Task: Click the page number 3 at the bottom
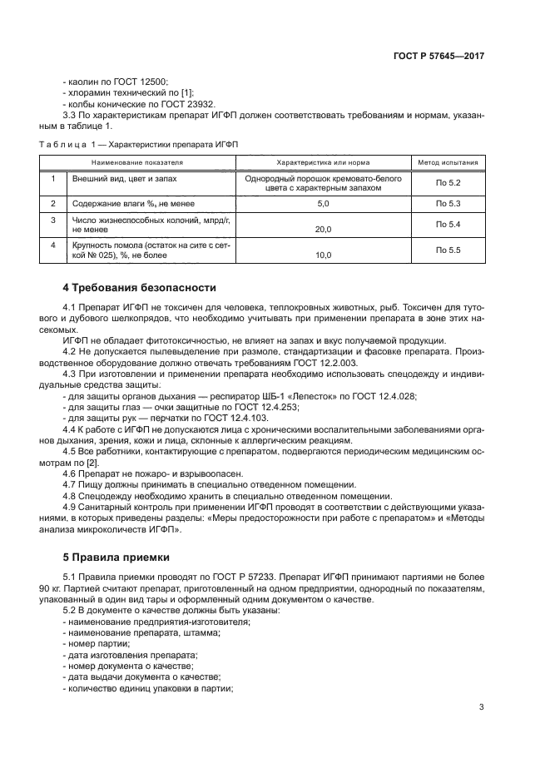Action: click(482, 707)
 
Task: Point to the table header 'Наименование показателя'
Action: click(137, 163)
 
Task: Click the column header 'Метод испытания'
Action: click(448, 163)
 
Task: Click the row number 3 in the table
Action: click(52, 220)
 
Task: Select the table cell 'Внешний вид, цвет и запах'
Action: click(124, 178)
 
